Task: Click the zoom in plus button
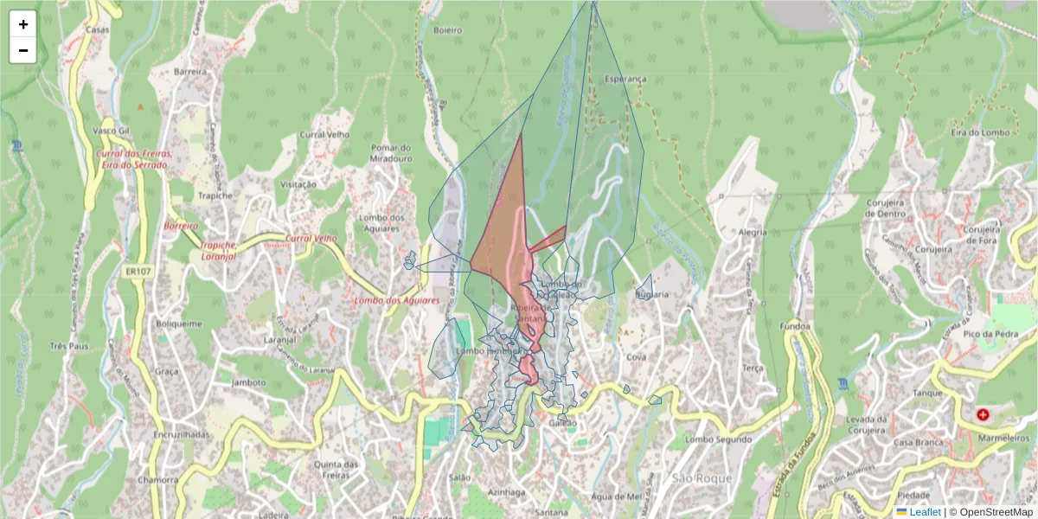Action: (23, 24)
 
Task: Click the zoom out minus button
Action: (23, 50)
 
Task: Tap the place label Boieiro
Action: (447, 29)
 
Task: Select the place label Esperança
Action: (625, 79)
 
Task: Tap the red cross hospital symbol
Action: (983, 415)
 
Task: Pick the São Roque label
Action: (701, 478)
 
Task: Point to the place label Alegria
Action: (753, 233)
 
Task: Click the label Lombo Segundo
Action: (718, 439)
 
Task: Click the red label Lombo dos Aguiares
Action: (396, 300)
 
